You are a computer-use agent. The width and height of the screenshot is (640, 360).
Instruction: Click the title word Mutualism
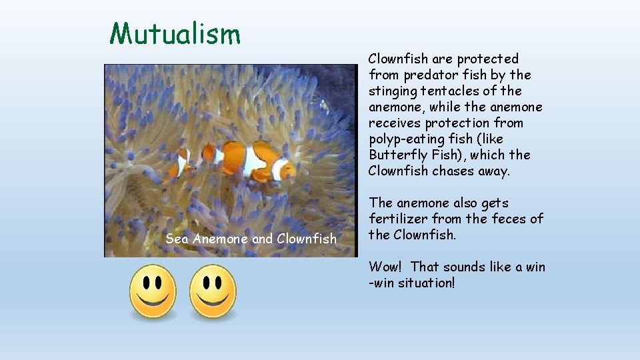[175, 33]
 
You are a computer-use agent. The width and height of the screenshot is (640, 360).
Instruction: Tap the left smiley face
[153, 291]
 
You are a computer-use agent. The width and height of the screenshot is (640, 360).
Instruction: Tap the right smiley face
[213, 291]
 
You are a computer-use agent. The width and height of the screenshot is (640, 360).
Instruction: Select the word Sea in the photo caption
[177, 238]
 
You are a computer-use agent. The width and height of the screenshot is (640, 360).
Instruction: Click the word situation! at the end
[426, 283]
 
